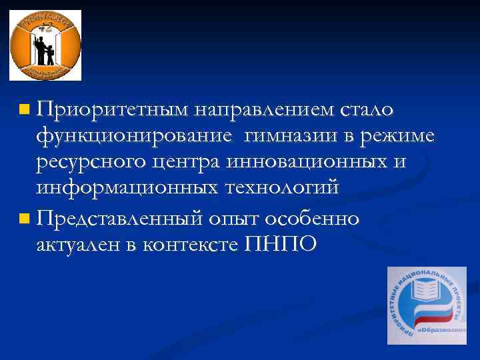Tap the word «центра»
[x=187, y=163]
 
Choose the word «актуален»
[x=79, y=245]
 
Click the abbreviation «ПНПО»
[x=281, y=245]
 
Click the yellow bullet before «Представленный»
[x=24, y=218]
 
